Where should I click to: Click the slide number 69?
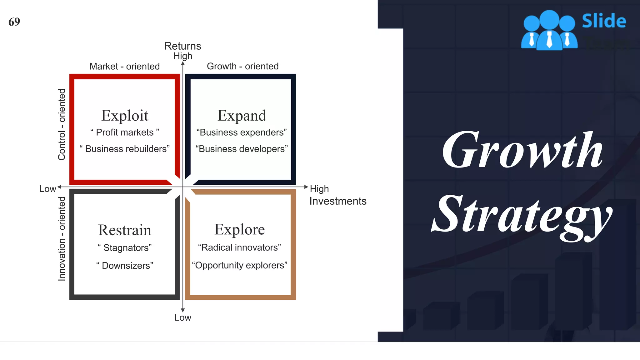(x=14, y=22)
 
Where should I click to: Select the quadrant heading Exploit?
(x=125, y=116)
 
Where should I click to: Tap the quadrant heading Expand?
(x=242, y=116)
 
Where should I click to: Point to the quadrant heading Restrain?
(x=124, y=230)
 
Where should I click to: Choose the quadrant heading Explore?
(x=239, y=230)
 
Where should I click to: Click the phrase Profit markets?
(x=125, y=132)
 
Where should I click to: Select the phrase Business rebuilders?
(x=125, y=149)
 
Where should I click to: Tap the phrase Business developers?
(x=242, y=149)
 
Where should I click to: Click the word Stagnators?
(x=125, y=248)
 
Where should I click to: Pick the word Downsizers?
(x=125, y=266)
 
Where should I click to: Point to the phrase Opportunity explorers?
(x=239, y=265)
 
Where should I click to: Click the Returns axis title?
(x=182, y=46)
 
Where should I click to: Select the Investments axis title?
(x=337, y=201)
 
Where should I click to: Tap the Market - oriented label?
(x=124, y=67)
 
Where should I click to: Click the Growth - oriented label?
(x=242, y=67)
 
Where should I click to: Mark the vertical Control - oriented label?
(x=62, y=125)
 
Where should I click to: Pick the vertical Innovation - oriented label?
(x=62, y=239)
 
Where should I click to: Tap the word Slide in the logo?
(x=604, y=21)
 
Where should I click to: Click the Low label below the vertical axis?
(x=182, y=318)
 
